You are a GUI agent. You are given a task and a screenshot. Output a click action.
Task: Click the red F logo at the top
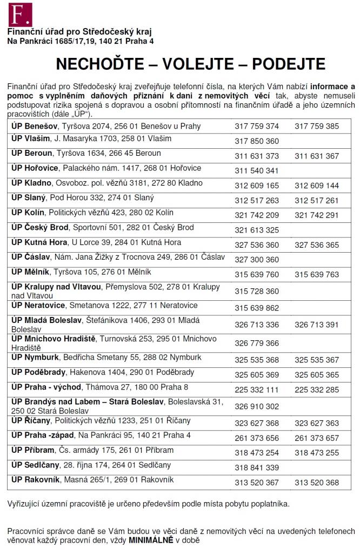tap(20, 14)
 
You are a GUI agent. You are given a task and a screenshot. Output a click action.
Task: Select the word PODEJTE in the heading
tap(284, 64)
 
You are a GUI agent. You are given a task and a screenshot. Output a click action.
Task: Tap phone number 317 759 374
tap(257, 127)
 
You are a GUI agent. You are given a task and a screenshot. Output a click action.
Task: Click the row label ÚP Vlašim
tap(30, 138)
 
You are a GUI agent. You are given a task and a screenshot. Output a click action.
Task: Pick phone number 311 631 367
tap(317, 156)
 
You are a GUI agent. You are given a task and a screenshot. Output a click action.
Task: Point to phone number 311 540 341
tap(257, 171)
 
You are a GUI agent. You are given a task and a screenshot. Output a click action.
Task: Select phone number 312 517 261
tap(317, 201)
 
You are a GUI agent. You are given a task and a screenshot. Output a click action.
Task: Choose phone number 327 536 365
tap(317, 245)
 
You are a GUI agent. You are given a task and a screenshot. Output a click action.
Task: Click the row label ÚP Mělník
tap(30, 272)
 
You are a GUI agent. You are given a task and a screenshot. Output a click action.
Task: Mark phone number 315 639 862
tap(257, 308)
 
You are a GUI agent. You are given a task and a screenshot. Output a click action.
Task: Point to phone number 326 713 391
tap(317, 325)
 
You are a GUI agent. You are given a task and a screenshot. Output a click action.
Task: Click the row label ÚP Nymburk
tap(34, 358)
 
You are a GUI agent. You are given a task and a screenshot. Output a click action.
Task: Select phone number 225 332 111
tap(257, 390)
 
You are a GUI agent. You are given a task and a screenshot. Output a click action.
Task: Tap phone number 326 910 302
tap(257, 406)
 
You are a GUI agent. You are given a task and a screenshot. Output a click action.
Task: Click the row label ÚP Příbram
tap(33, 450)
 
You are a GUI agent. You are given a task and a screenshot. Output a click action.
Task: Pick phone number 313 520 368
tap(317, 483)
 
